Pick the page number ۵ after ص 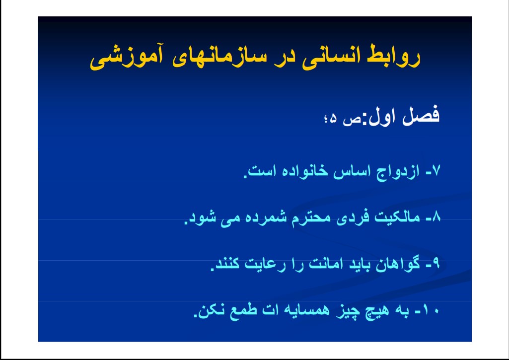pyautogui.click(x=333, y=120)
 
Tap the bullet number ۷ pyautogui.click(x=436, y=171)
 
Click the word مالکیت pyautogui.click(x=397, y=217)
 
